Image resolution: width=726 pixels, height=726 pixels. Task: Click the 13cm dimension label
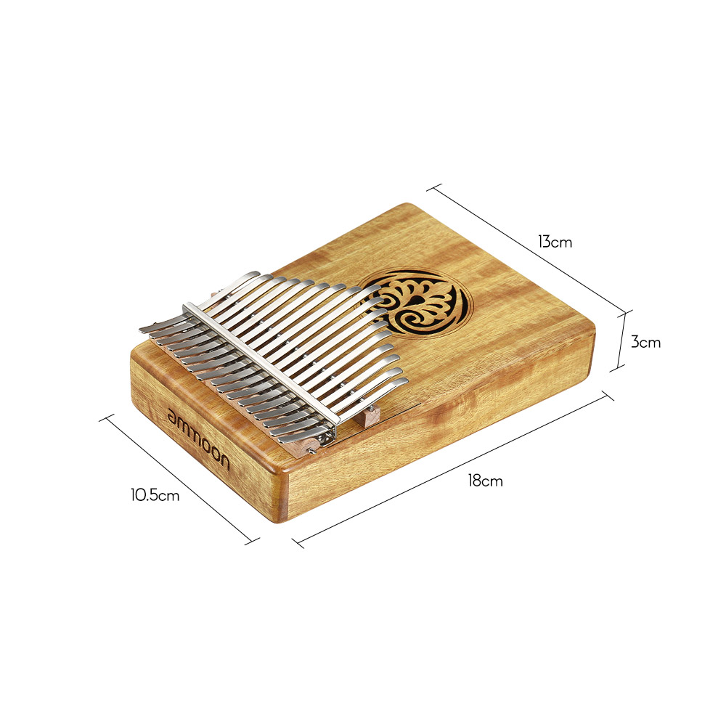click(x=555, y=242)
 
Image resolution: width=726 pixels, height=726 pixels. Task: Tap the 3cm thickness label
click(x=646, y=342)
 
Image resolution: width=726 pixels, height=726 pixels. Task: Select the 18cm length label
click(x=485, y=481)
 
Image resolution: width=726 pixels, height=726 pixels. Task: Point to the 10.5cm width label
click(x=155, y=495)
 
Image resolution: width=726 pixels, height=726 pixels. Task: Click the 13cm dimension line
click(x=530, y=250)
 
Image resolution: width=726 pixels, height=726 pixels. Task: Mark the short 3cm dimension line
click(x=621, y=341)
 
